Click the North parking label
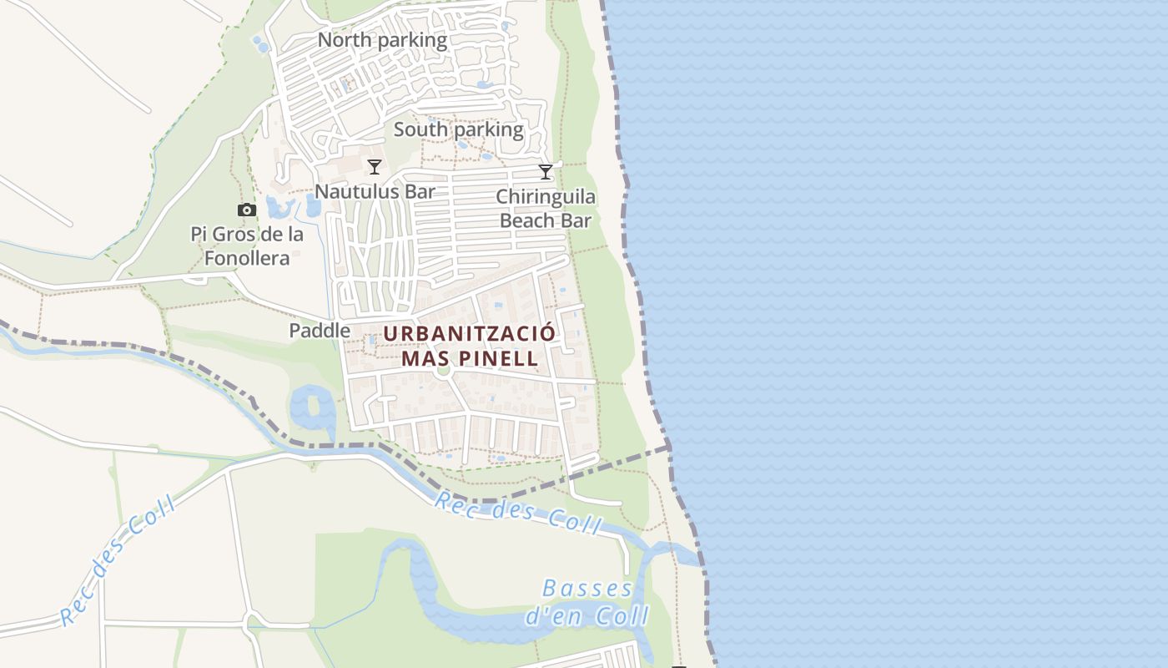pos(382,40)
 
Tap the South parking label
pos(458,129)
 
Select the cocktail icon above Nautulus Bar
pos(375,167)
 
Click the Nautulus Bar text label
pos(375,191)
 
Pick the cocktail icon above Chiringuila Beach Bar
pos(546,172)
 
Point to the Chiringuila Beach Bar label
pos(546,209)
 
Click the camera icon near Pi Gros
pos(246,210)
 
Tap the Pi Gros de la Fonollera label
pos(247,246)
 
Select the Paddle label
pos(320,331)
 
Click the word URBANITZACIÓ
pos(469,333)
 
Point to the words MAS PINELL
pos(469,359)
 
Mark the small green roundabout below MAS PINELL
pos(442,370)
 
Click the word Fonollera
pos(247,258)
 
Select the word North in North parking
pos(345,40)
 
